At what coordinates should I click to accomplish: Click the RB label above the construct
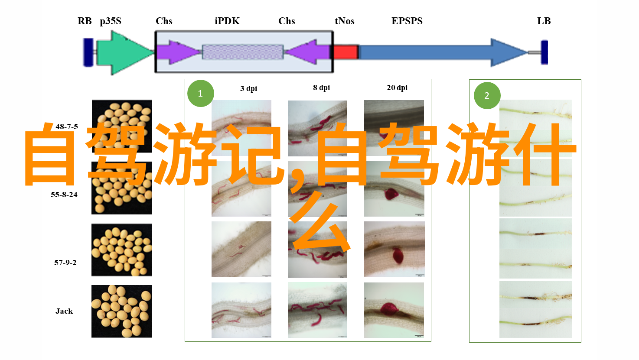(85, 21)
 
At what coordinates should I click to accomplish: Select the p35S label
(111, 21)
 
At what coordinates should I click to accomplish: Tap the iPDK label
(227, 21)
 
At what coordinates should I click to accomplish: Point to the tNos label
(345, 21)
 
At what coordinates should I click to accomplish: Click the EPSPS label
(407, 21)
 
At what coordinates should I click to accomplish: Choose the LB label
(544, 21)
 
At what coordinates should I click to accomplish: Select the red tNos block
(346, 52)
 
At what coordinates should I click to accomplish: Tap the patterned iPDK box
(243, 52)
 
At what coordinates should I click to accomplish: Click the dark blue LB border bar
(544, 52)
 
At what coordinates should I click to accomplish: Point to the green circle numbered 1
(201, 94)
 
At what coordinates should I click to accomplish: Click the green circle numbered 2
(487, 95)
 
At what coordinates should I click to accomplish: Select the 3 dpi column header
(248, 88)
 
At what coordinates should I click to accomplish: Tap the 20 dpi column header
(397, 88)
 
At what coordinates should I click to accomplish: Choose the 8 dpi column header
(322, 88)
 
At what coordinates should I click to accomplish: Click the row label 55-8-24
(64, 195)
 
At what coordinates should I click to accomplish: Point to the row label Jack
(64, 311)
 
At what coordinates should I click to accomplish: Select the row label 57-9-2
(65, 263)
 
